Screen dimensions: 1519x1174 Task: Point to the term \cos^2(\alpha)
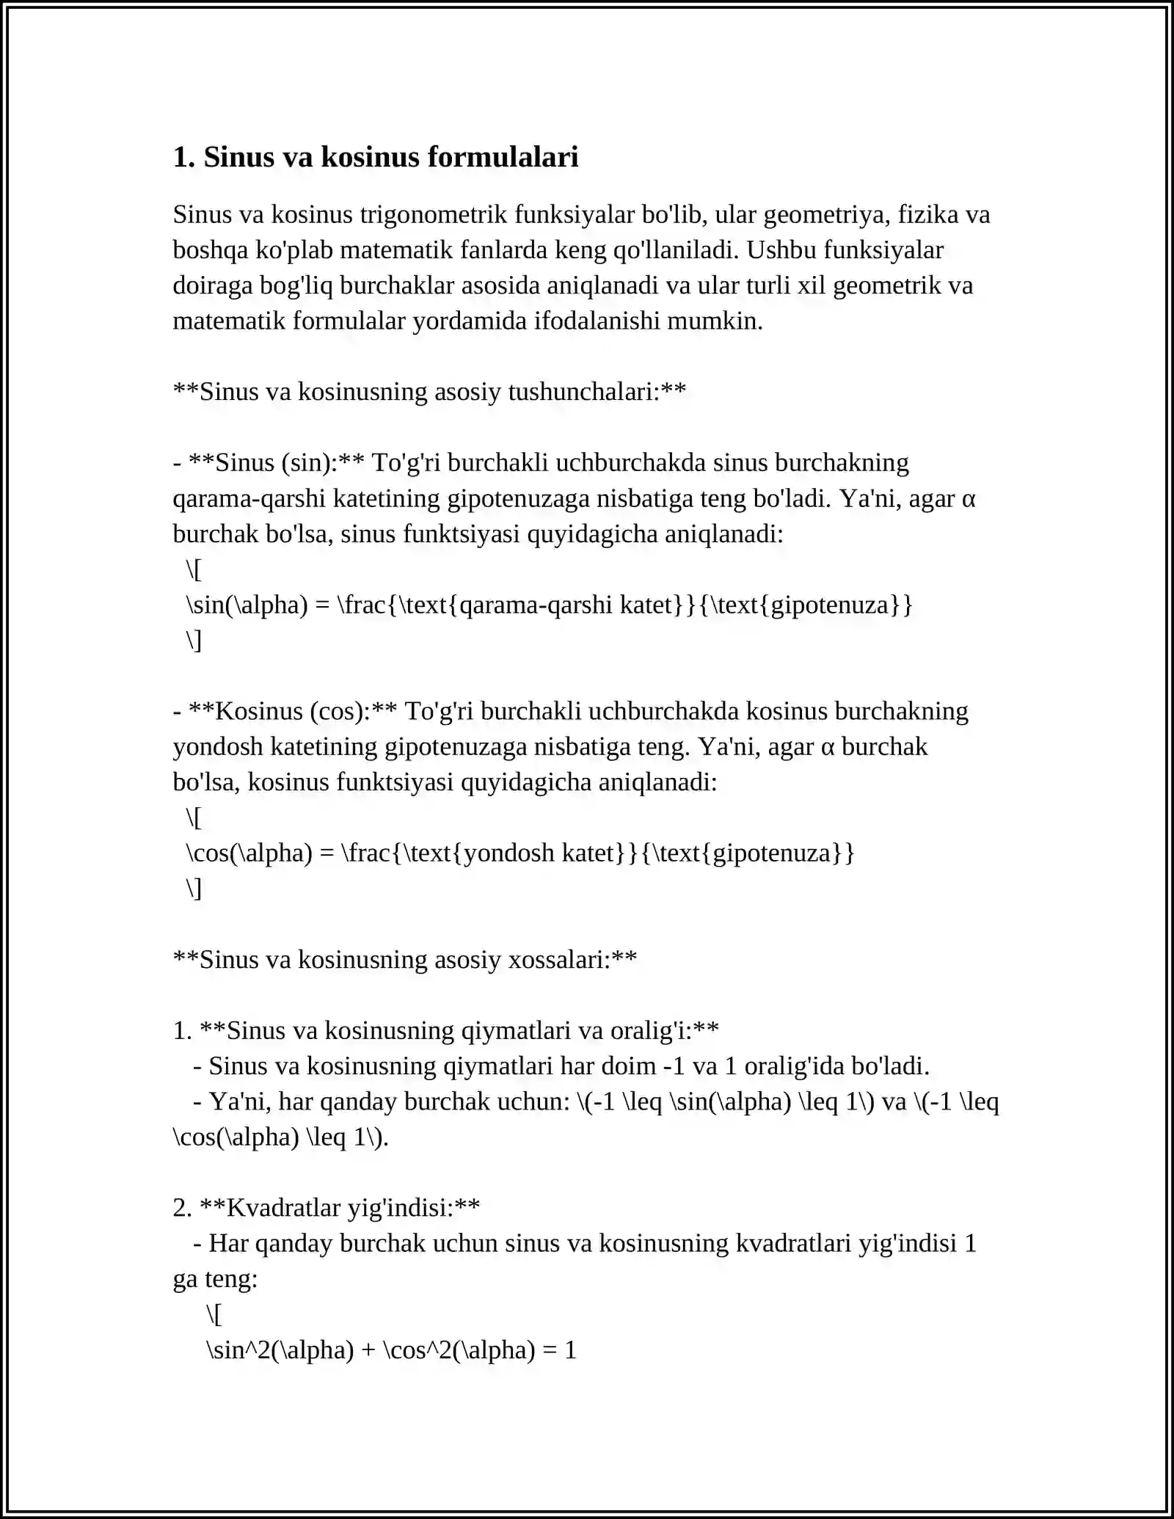click(459, 1349)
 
